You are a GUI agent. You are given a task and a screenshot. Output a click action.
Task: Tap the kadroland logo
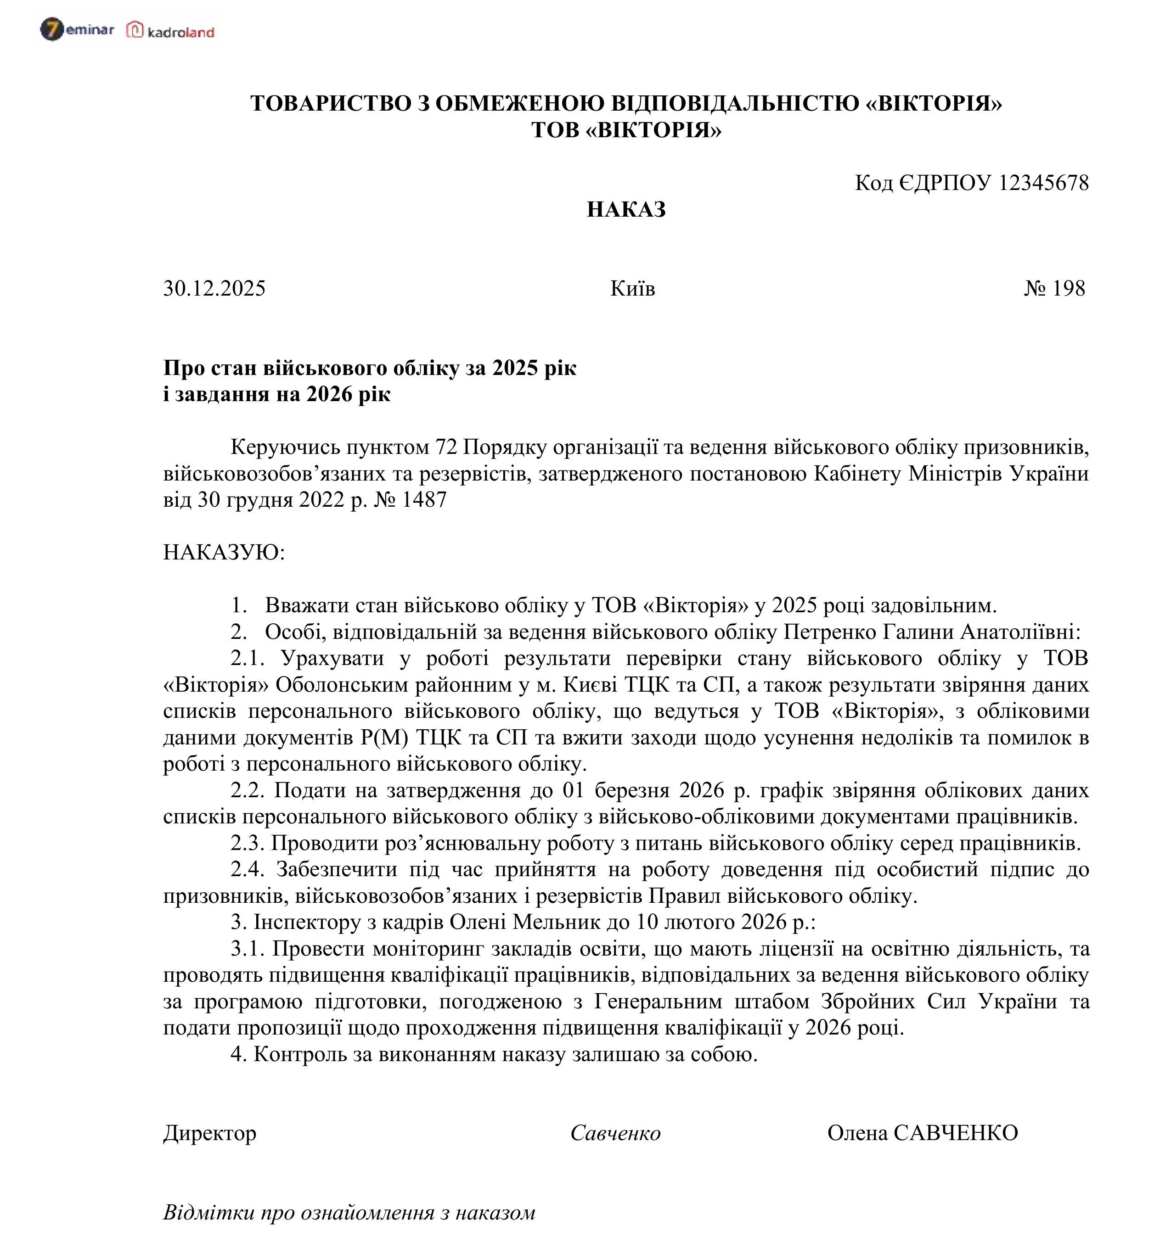point(171,31)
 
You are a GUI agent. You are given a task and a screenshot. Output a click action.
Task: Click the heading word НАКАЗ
point(625,209)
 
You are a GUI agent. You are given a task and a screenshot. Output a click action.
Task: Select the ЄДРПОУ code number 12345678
point(1043,183)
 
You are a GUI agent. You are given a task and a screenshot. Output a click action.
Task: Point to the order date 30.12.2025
point(214,289)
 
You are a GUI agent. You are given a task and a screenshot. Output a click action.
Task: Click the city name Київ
point(632,289)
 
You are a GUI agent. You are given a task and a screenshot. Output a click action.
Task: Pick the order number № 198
point(1054,289)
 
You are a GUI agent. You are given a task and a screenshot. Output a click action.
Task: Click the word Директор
point(209,1133)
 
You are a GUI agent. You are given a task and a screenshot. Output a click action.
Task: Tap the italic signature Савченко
point(615,1133)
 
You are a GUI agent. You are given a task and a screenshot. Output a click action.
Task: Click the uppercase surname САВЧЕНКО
point(955,1133)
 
